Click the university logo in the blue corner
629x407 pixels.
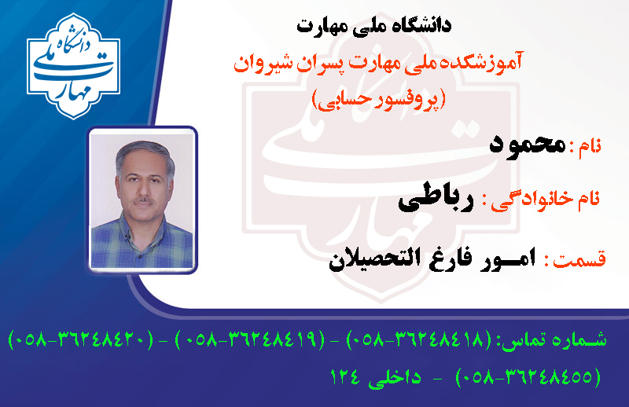73,66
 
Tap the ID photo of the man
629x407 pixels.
142,200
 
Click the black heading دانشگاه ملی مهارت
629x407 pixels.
374,26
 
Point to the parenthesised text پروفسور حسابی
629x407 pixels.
379,99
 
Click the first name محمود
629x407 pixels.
528,145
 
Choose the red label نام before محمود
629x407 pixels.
590,145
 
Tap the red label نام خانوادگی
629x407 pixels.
546,200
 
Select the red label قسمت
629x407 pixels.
579,259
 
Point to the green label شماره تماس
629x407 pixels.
556,341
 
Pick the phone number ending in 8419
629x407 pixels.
250,340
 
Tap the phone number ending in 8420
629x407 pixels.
81,340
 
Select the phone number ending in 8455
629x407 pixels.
528,377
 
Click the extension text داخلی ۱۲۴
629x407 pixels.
376,377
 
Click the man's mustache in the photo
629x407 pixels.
143,200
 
